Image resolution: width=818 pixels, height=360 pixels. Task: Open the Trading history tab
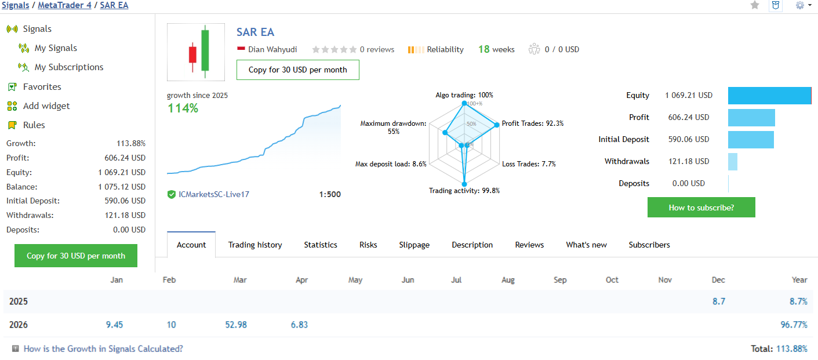(x=255, y=245)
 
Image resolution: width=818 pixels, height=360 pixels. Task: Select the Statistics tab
(x=321, y=245)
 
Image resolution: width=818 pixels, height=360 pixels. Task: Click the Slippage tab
(x=415, y=245)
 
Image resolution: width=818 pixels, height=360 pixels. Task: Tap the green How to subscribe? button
(x=701, y=208)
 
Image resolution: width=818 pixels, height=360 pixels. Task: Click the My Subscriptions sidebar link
(x=68, y=67)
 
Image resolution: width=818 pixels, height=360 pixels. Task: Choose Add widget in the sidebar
(x=46, y=106)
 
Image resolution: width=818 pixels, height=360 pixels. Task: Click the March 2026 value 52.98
(x=236, y=325)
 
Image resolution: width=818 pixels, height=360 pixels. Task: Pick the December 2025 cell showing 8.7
(x=719, y=301)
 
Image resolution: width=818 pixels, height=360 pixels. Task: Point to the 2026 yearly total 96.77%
(x=794, y=325)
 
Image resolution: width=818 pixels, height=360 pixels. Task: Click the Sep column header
(x=560, y=280)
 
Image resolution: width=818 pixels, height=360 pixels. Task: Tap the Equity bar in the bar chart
(x=769, y=96)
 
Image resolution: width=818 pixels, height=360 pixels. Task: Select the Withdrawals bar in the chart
(x=733, y=162)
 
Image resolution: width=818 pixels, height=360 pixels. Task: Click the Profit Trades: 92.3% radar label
(x=532, y=123)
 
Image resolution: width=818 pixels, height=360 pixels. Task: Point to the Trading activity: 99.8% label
(x=464, y=191)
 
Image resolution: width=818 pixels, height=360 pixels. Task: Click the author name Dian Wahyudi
(x=272, y=50)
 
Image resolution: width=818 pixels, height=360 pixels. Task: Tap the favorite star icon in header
(x=755, y=5)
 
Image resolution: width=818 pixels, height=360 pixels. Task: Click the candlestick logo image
(x=196, y=52)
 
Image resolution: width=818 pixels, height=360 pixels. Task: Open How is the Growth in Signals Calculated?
(x=103, y=349)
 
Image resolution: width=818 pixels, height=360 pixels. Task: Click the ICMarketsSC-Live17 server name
(x=214, y=194)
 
